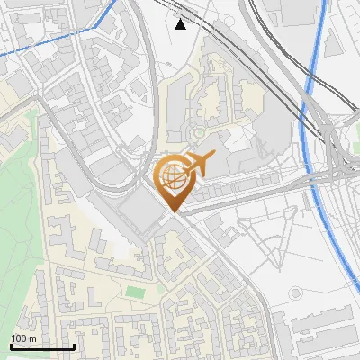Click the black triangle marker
pos(181,24)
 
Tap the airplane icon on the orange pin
pos(199,165)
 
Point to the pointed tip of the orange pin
pos(173,211)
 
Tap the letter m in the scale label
pos(33,338)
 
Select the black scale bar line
pos(41,346)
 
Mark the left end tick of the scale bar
pos(11,345)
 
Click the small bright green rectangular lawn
pos(135,292)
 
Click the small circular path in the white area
pos(295,293)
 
